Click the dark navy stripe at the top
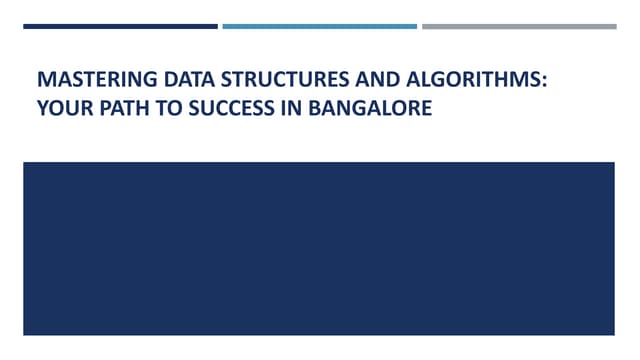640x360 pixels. pyautogui.click(x=120, y=26)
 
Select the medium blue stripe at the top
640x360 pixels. pyautogui.click(x=319, y=26)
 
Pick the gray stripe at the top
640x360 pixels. pyautogui.click(x=519, y=26)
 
